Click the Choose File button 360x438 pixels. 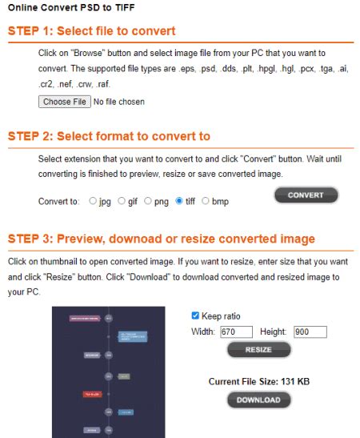pos(64,102)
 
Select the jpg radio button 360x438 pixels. pos(94,201)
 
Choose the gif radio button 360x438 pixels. pos(122,201)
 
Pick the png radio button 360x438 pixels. pos(149,201)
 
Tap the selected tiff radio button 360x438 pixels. pos(179,201)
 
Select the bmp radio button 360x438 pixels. pos(206,201)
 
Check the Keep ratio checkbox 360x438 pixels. pos(196,315)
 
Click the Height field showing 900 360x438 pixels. pos(310,332)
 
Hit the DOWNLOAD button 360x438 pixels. pos(258,400)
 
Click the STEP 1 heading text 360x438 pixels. pos(91,32)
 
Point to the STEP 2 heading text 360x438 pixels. pos(109,136)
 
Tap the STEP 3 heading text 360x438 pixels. pos(161,239)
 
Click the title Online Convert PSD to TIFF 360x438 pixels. pos(70,8)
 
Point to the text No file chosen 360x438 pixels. pos(119,102)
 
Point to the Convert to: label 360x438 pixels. pos(58,202)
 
